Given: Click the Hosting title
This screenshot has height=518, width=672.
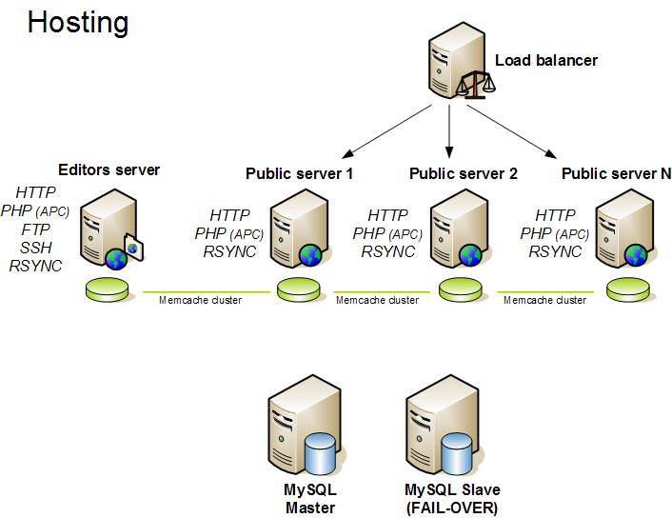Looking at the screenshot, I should click(78, 22).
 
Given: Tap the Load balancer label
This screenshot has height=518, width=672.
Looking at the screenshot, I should click(546, 61).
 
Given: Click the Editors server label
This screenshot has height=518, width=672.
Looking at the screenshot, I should click(109, 170).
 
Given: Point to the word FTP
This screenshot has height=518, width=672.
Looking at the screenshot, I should click(35, 229).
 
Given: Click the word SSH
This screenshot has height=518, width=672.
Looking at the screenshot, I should click(35, 248).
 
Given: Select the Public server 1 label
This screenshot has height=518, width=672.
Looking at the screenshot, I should click(300, 174).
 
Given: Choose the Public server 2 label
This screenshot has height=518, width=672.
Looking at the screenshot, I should click(464, 174).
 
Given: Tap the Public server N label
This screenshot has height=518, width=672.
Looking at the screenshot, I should click(616, 174).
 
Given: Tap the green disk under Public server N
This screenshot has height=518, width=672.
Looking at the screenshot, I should click(630, 289).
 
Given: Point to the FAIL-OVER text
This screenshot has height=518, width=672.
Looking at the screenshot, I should click(451, 508).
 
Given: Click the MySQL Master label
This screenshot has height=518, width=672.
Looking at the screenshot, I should click(309, 499).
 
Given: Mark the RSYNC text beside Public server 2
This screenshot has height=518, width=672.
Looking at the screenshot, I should click(387, 252).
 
